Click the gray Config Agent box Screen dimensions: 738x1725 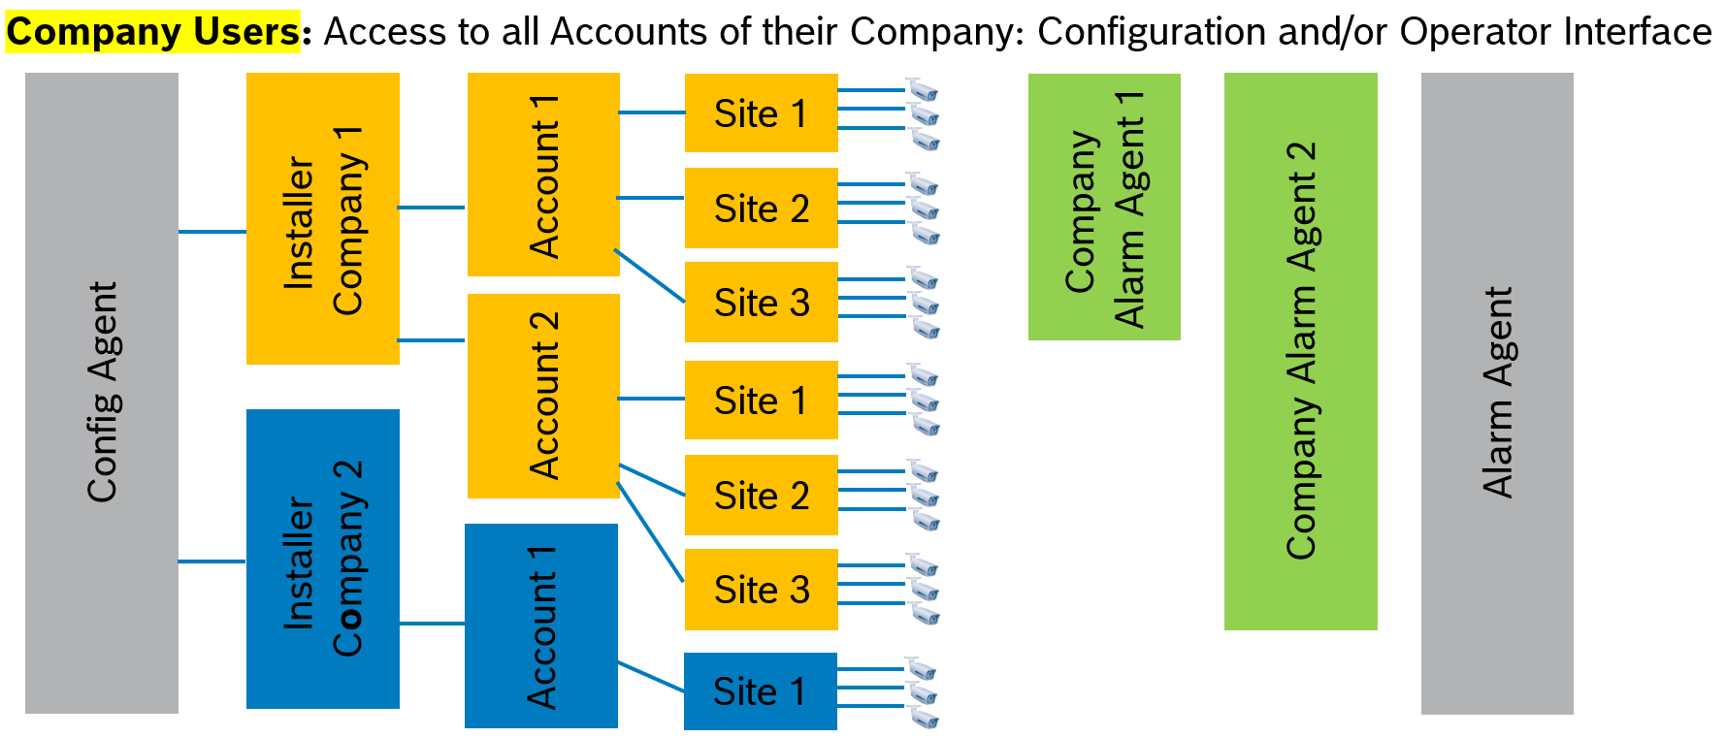point(102,393)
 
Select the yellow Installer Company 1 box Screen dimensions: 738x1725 point(322,219)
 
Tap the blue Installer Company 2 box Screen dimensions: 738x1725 point(322,559)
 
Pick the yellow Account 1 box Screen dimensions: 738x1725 point(543,175)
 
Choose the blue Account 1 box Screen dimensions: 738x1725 point(541,626)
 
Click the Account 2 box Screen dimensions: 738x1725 point(543,396)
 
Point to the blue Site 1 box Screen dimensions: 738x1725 point(760,691)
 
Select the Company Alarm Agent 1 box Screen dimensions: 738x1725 point(1104,208)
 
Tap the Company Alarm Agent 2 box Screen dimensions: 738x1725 point(1300,351)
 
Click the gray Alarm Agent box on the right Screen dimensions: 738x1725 point(1497,393)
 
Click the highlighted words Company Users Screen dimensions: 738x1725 point(153,32)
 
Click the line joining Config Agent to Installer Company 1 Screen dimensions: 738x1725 point(212,232)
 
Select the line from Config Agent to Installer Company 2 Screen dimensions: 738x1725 point(212,562)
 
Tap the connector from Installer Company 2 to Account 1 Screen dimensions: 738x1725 point(432,624)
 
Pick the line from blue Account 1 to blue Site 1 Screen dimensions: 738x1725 point(651,677)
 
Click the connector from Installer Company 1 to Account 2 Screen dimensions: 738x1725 point(432,340)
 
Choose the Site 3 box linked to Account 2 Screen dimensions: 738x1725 point(761,590)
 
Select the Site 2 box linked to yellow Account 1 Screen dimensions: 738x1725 point(761,209)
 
